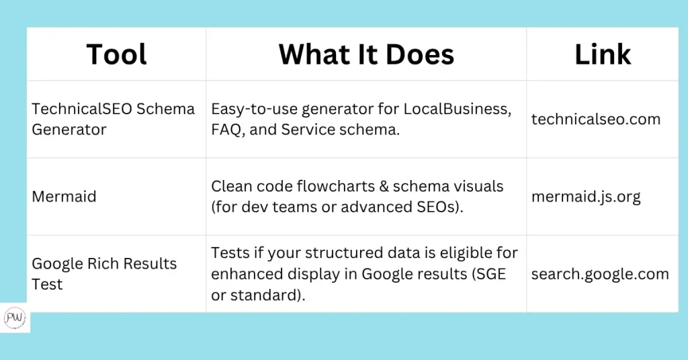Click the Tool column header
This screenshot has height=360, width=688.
point(116,54)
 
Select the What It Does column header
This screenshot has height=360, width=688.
point(366,54)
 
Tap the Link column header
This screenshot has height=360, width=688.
point(603,54)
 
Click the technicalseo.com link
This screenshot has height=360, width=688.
point(596,119)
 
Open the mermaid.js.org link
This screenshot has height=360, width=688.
point(586,197)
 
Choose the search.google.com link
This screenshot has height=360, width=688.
point(600,275)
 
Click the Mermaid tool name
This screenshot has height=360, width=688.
point(64,196)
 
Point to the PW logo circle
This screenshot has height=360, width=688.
point(15,318)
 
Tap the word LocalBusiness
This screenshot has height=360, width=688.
point(457,109)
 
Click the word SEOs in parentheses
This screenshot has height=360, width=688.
point(443,207)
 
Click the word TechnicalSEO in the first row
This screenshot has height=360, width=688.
point(81,109)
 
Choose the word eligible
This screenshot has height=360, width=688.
point(468,253)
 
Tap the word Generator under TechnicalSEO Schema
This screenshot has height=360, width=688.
point(69,130)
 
